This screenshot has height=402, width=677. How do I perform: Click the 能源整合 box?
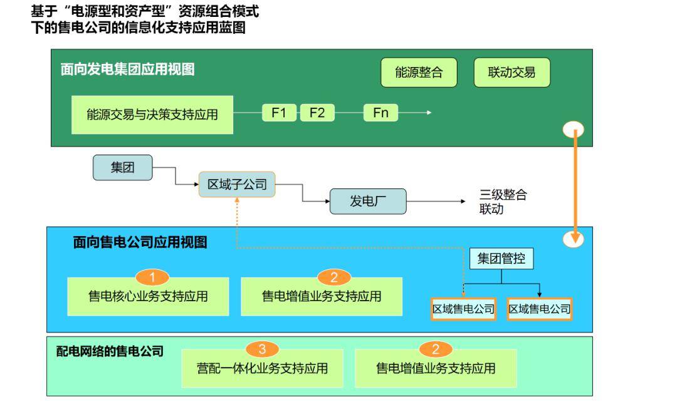pos(419,73)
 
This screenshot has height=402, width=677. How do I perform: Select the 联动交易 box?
pos(512,73)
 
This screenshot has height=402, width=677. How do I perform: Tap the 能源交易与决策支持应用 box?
pos(152,115)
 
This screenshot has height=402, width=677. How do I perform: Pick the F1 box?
pos(279,113)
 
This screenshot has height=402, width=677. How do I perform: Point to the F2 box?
pos(317,113)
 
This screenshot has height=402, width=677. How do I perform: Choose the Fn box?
pos(380,113)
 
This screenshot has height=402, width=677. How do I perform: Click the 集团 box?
pos(122,167)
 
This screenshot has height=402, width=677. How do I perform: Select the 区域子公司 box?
pos(237,185)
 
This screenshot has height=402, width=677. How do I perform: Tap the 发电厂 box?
pos(368,202)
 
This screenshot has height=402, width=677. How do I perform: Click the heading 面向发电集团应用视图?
pos(127,70)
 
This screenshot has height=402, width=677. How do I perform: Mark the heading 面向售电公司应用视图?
pos(140,242)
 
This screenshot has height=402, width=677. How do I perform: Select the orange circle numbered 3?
pos(263,349)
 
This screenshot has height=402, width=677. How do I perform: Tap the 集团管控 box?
pos(501,259)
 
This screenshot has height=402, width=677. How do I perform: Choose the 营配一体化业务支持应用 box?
pos(263,368)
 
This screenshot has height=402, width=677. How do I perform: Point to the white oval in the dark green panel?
pos(574,129)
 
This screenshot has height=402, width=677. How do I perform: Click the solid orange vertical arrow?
pos(574,185)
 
